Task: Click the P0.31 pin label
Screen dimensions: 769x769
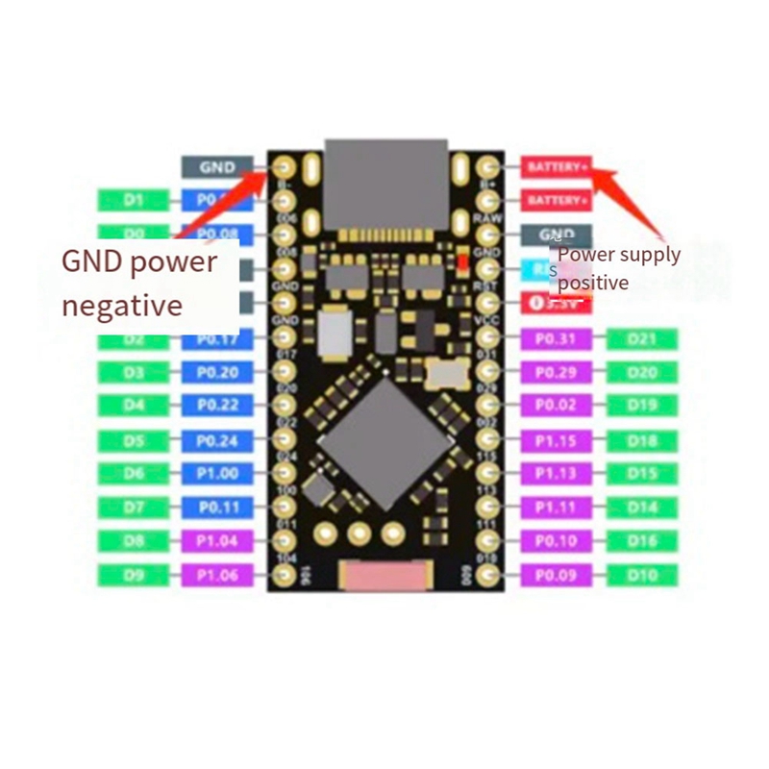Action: pos(557,338)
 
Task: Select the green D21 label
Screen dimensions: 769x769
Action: pos(642,338)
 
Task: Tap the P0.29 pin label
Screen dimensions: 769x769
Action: pos(557,372)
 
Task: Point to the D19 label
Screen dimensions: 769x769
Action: pos(642,406)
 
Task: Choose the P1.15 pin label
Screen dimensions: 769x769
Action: pos(557,440)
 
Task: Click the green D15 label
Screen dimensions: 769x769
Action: pos(642,473)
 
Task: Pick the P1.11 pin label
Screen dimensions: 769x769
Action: pos(557,507)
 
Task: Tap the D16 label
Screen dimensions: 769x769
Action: pos(642,541)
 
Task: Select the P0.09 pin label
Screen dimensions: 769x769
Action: pos(557,575)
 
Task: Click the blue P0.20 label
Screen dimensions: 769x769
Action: pos(217,372)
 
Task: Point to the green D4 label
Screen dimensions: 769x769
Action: pos(134,406)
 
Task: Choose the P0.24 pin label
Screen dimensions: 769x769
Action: pos(217,440)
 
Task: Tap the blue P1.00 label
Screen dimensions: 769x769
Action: pos(217,473)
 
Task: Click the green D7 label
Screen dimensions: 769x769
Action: pos(134,507)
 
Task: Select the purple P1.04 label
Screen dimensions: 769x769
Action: pos(217,541)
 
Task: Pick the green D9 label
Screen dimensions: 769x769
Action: pos(134,575)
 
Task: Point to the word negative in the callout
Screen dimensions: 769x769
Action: pos(122,306)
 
